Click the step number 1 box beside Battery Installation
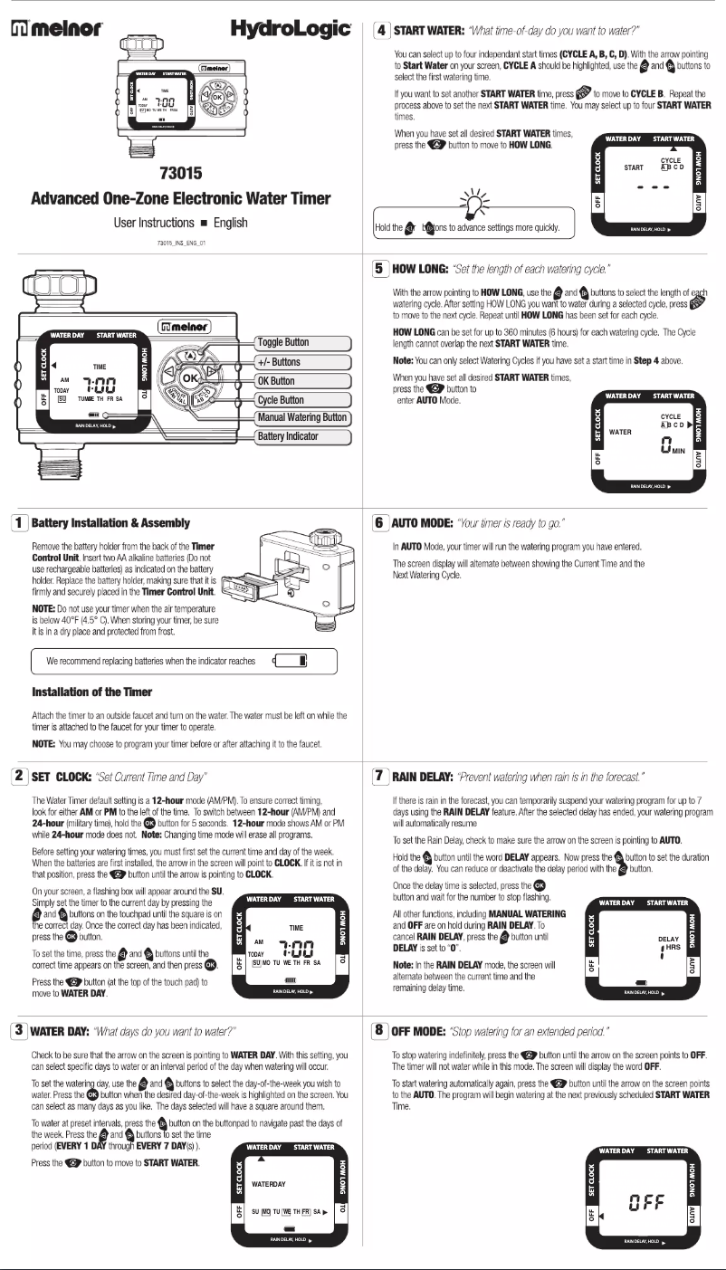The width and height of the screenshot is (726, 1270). pos(17,522)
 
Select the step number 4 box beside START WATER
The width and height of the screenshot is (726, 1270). pos(381,30)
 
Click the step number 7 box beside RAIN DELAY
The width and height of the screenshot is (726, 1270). pos(381,776)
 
